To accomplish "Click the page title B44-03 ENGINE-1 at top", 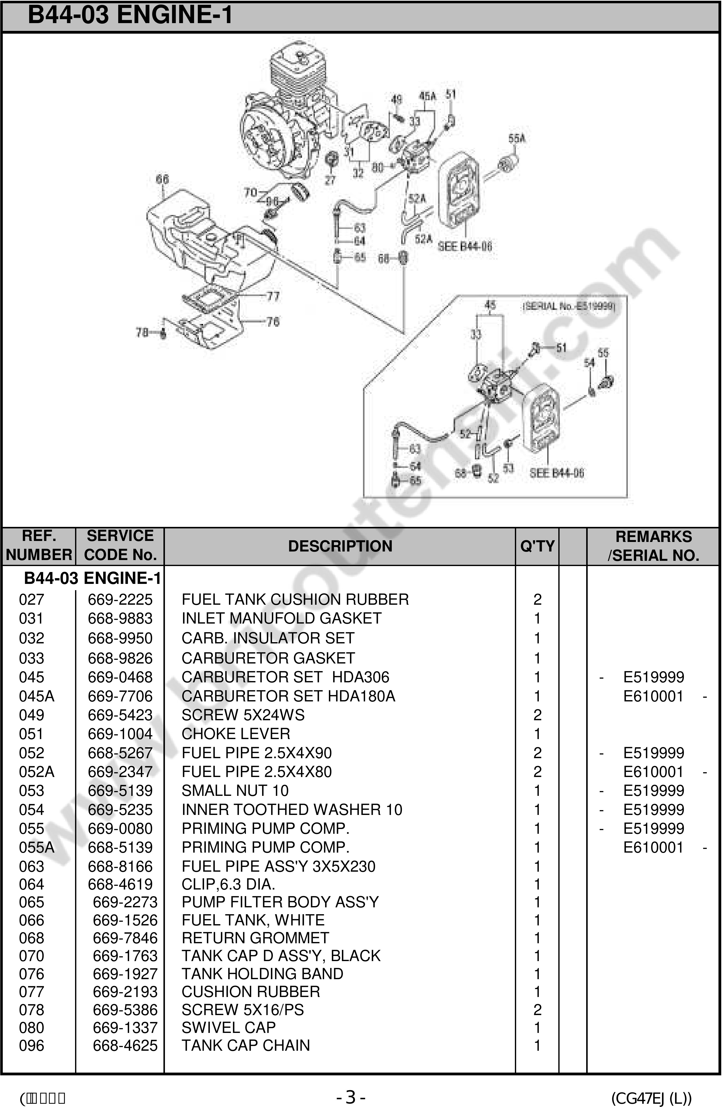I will coord(130,15).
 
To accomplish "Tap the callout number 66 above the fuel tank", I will coord(162,179).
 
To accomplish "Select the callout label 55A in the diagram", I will coord(517,138).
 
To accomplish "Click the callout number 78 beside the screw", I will coord(142,332).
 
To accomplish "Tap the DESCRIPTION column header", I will coord(340,546).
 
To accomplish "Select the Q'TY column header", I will coord(537,546).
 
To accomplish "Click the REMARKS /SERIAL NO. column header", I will coord(653,546).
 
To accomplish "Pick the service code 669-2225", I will coord(120,599).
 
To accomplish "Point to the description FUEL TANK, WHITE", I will coord(253,920).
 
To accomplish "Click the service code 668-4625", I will coord(125,1046).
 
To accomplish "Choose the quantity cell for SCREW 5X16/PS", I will coord(537,1010).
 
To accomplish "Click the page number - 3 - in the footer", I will coord(351,1097).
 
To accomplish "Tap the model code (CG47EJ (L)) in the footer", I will coord(651,1098).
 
